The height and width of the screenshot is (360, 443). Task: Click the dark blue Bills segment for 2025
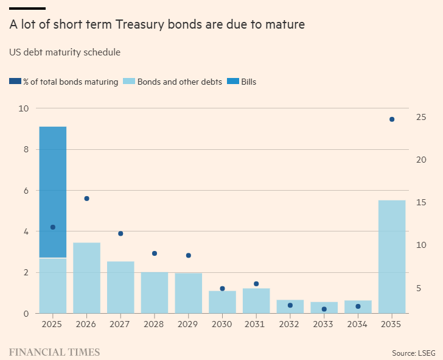point(52,192)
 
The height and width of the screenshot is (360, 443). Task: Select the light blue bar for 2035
point(392,256)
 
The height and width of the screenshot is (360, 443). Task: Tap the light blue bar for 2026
point(86,278)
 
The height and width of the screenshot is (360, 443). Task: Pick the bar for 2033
point(324,308)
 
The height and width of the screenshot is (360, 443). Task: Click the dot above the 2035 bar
point(392,119)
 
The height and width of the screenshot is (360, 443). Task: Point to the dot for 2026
point(86,199)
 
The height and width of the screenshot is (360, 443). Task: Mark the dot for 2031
point(256,284)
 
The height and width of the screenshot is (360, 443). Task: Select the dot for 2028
point(155,253)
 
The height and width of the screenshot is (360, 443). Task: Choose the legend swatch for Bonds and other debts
point(129,82)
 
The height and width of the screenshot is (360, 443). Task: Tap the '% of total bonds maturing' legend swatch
point(15,82)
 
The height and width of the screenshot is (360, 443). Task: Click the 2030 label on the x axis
point(222,324)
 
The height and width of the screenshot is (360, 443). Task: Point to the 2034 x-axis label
point(358,324)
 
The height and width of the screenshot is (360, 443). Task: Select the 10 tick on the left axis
point(24,108)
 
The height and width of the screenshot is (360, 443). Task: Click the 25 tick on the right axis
point(420,117)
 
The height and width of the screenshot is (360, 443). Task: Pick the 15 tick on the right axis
point(420,202)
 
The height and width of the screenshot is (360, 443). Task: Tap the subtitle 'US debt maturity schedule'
point(65,52)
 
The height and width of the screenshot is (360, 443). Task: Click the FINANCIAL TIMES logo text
point(55,352)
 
